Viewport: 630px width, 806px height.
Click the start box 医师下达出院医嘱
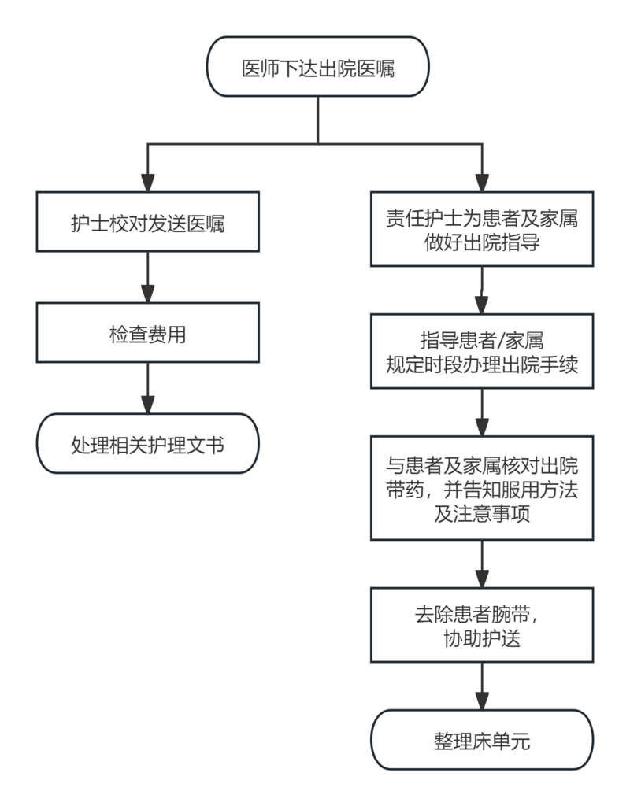coord(318,66)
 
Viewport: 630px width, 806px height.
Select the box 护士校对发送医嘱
coord(147,221)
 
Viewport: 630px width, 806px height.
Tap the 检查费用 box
coord(147,333)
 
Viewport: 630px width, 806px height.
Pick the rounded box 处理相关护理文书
coord(147,443)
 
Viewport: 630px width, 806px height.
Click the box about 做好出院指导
coord(482,229)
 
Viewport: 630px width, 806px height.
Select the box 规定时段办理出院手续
coord(482,351)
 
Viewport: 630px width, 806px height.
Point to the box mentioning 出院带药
coord(482,488)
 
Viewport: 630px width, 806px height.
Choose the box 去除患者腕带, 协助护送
coord(482,624)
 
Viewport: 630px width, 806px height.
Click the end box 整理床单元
coord(482,740)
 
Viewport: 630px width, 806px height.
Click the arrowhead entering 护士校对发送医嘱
coord(147,183)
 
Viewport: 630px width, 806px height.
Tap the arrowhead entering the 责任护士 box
coord(482,183)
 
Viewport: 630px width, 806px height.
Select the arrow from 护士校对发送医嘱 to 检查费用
coord(147,277)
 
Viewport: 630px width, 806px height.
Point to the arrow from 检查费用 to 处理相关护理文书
coord(147,388)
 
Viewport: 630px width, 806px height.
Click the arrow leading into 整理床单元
coord(482,686)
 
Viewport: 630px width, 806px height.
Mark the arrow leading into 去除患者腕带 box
coord(482,564)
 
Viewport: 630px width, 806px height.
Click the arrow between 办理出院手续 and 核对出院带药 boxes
coord(482,412)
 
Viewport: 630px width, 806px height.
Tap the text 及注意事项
coord(482,513)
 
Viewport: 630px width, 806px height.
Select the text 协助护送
coord(482,638)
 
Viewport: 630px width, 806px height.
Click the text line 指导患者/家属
coord(482,340)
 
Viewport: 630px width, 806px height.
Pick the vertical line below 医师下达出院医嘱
coord(318,120)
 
